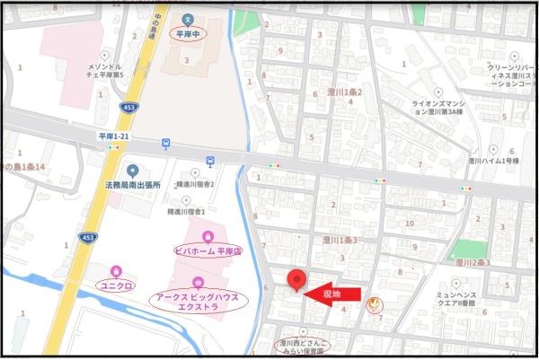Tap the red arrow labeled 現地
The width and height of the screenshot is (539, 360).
point(332,293)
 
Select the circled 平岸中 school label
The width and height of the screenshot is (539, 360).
point(187,33)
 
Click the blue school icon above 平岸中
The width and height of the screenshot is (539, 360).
point(188,19)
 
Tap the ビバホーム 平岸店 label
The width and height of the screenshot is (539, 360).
point(208,250)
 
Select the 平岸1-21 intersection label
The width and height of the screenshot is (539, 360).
point(115,135)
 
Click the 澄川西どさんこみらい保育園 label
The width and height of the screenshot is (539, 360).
point(302,346)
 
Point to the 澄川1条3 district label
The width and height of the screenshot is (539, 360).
point(340,240)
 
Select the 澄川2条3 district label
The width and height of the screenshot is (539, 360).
point(472,263)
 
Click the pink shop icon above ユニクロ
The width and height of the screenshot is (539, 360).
point(115,270)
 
